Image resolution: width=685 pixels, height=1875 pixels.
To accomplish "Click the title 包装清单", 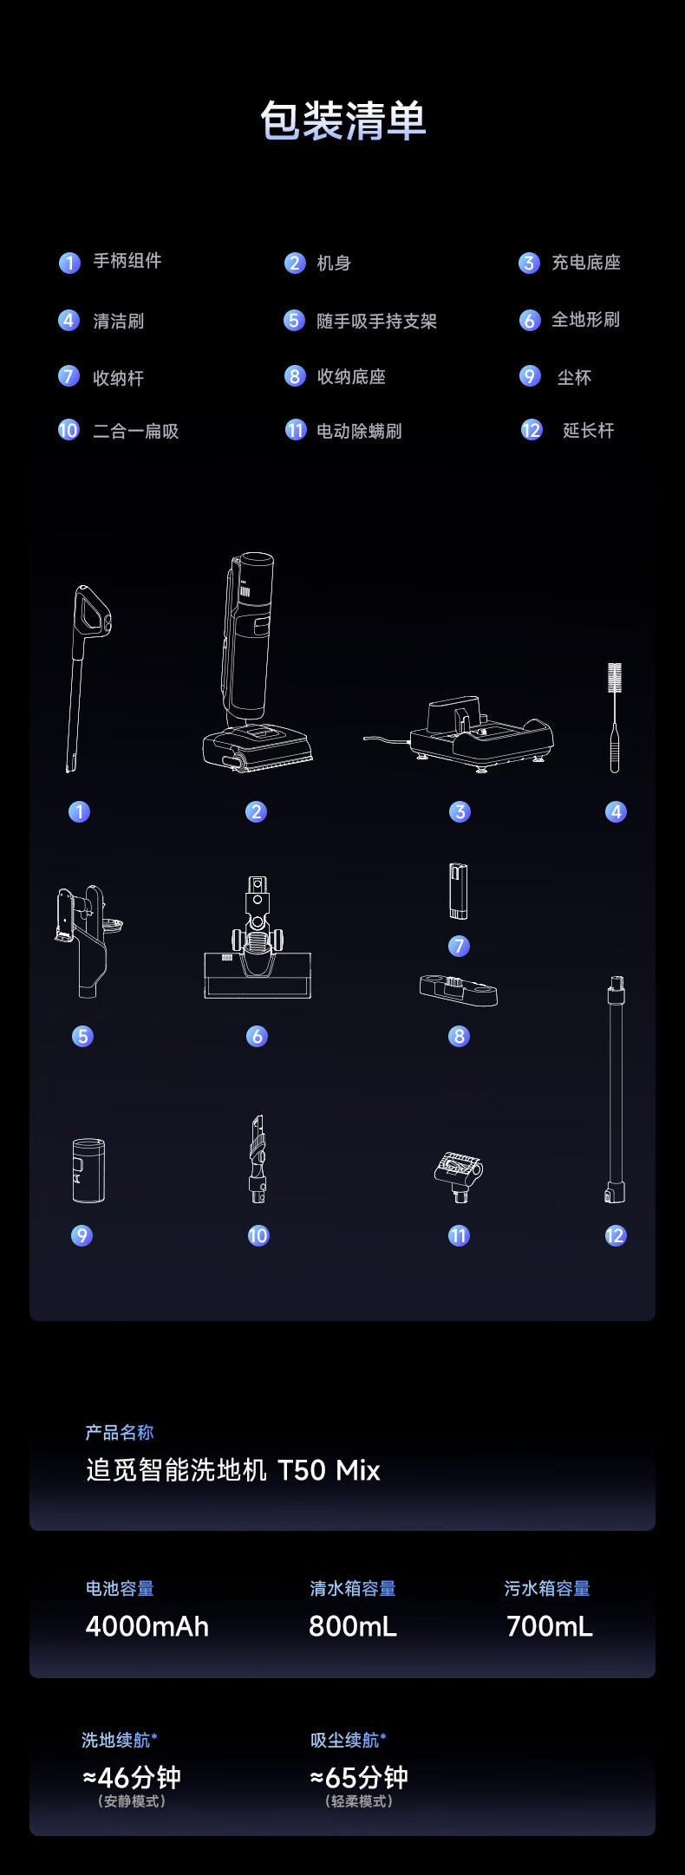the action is [343, 120].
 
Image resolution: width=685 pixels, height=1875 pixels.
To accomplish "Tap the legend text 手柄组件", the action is [127, 261].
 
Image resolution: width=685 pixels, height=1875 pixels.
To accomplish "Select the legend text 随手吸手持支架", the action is [376, 322].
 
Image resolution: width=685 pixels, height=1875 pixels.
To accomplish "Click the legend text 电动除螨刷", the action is [359, 431].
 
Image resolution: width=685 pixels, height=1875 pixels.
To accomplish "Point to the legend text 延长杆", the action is [589, 431].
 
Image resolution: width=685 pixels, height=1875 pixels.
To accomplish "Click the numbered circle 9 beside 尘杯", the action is [530, 376].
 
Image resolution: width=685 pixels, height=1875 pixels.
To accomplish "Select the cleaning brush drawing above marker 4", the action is [615, 717].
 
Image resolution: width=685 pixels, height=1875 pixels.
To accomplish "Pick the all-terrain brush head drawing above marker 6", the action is [258, 937].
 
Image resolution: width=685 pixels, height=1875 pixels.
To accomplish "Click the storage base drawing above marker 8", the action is [459, 990].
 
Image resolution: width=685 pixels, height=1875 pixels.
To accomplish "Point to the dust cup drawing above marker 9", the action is [88, 1170].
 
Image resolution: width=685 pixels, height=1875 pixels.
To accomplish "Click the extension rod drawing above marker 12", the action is [616, 1089].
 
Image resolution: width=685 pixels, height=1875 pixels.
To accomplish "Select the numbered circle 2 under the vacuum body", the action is [256, 811].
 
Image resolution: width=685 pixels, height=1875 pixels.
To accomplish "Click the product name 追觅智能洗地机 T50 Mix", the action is [233, 1470].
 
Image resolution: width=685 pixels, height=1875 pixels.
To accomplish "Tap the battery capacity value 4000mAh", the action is [147, 1626].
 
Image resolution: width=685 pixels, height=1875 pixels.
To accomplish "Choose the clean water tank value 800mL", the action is [353, 1626].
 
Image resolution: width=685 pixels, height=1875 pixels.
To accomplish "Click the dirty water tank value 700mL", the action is [550, 1626].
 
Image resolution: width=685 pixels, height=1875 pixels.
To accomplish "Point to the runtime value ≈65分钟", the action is [359, 1778].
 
